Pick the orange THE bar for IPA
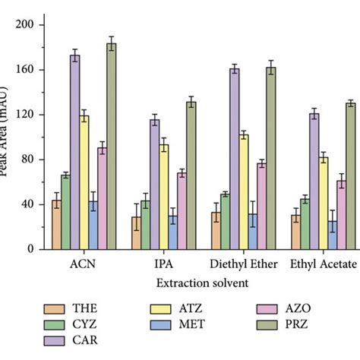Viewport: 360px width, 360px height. click(136, 233)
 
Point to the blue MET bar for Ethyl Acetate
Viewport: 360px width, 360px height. click(332, 235)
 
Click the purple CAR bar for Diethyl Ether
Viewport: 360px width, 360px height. click(235, 159)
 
